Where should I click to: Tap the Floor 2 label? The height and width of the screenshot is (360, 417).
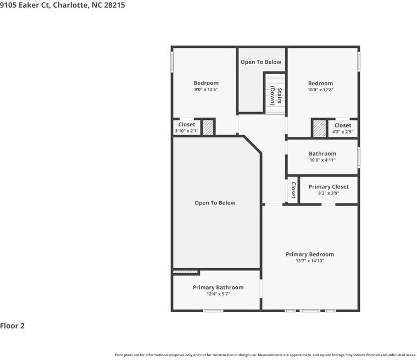click(x=13, y=325)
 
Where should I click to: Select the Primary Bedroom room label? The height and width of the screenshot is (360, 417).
click(x=309, y=254)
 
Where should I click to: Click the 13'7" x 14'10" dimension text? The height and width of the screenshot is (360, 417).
click(x=310, y=261)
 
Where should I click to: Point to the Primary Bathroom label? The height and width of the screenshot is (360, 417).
click(x=218, y=287)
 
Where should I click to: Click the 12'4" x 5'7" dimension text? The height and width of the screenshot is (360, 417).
click(x=218, y=294)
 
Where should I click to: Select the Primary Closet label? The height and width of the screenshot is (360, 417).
click(x=329, y=187)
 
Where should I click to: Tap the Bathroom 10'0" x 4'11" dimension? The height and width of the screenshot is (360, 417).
click(x=323, y=160)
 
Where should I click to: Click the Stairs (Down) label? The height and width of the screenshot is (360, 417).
click(x=276, y=96)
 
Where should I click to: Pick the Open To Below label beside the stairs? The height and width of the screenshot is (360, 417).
click(x=260, y=62)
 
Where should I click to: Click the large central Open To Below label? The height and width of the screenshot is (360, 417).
click(x=215, y=203)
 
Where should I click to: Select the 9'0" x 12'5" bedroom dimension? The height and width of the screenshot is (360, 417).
click(x=206, y=90)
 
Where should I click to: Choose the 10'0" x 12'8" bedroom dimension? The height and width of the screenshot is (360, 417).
click(x=320, y=90)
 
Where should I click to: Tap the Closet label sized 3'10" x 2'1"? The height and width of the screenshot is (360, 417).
click(x=186, y=125)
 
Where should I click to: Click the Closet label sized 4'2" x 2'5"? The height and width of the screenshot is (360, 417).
click(x=342, y=125)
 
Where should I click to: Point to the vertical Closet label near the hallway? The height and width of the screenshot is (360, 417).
click(x=293, y=190)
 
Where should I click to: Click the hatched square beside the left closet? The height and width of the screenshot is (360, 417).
click(x=208, y=128)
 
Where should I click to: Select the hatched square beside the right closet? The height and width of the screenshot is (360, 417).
click(x=319, y=128)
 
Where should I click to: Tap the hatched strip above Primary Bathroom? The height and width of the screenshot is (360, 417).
click(x=186, y=272)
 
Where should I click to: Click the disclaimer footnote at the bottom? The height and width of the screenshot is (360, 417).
click(x=265, y=355)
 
